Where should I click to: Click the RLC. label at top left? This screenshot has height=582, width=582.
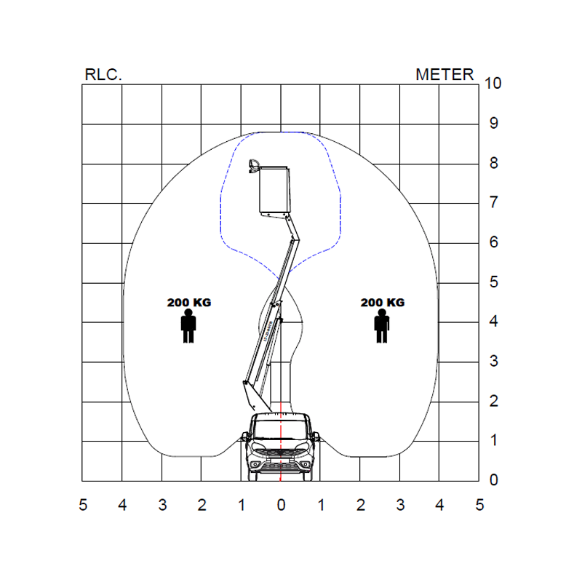click(x=103, y=75)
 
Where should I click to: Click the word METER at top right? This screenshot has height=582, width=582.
click(x=445, y=75)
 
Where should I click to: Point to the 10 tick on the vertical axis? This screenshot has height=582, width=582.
click(x=493, y=83)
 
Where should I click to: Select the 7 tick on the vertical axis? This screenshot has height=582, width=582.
click(x=494, y=202)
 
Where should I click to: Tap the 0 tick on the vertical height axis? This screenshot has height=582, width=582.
click(x=494, y=480)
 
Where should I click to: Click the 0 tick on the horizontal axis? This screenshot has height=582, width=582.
click(x=281, y=505)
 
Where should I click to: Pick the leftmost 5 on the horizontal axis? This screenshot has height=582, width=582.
click(x=83, y=505)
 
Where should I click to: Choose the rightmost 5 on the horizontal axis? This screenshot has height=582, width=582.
click(x=479, y=505)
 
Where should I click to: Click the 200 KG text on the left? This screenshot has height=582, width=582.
click(x=189, y=303)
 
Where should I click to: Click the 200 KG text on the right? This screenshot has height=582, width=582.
click(x=383, y=303)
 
